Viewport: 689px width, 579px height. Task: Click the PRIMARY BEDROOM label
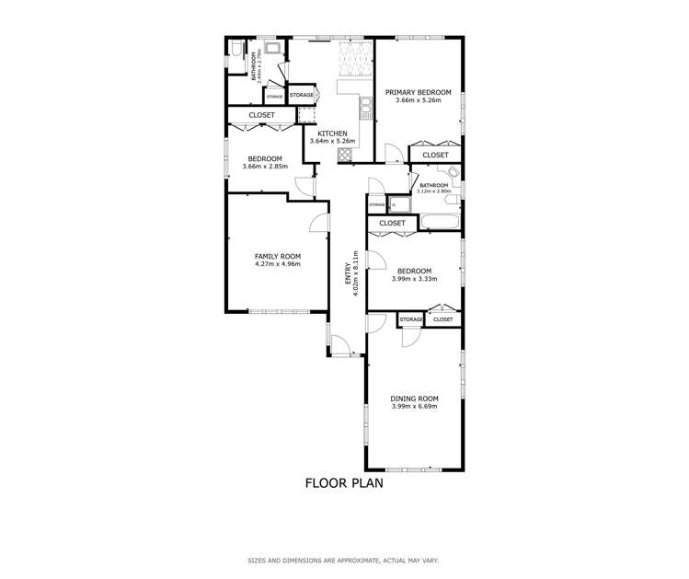(419, 92)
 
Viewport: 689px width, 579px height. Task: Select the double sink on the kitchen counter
(365, 111)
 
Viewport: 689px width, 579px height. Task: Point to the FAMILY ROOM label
(278, 256)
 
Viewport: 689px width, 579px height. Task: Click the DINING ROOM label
(415, 399)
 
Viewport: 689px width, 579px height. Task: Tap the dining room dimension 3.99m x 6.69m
(415, 407)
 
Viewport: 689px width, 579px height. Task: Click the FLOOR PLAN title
(344, 482)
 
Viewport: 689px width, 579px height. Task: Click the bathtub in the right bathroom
(439, 222)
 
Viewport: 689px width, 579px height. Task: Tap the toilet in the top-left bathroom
(235, 50)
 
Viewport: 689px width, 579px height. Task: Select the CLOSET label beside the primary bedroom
(435, 156)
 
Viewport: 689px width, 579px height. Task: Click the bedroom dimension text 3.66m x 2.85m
(265, 167)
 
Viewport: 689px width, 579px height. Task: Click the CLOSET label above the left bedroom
(261, 115)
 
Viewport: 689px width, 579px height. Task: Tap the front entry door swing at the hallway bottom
(342, 350)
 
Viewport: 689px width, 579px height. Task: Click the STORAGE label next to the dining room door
(410, 319)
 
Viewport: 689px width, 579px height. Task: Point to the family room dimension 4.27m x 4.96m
(278, 264)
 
